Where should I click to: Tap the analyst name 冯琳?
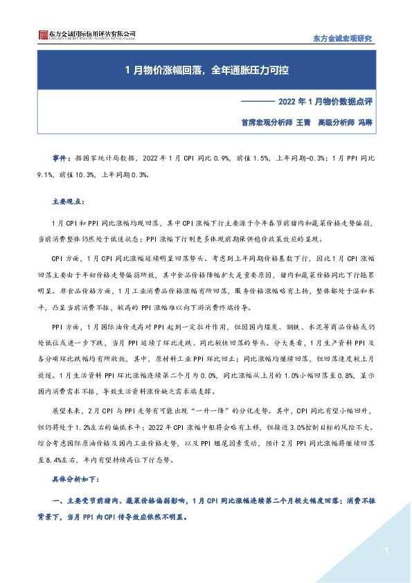pyautogui.click(x=364, y=120)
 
